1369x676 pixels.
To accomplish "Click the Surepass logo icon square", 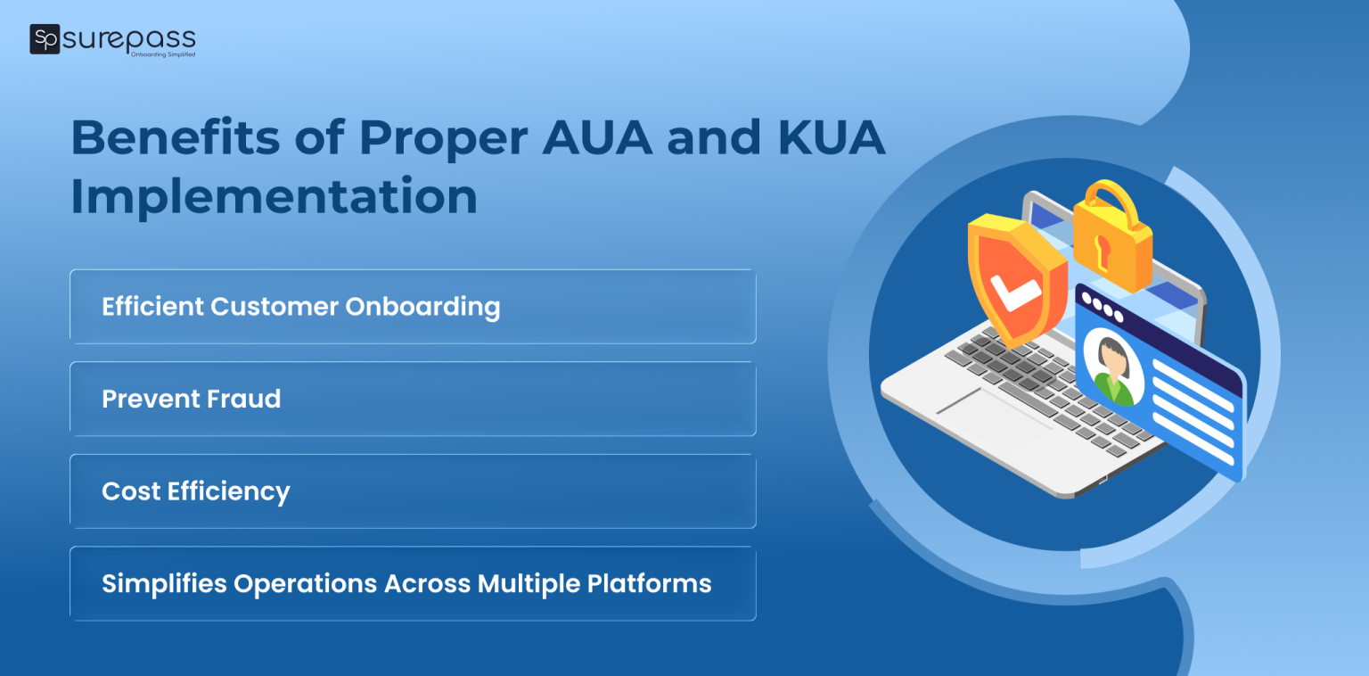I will pyautogui.click(x=45, y=39).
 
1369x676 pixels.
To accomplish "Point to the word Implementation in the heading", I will pyautogui.click(x=274, y=196).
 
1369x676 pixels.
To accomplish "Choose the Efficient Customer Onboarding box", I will pyautogui.click(x=413, y=307).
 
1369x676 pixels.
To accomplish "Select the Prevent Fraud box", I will pyautogui.click(x=413, y=399).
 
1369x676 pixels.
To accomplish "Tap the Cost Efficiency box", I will pyautogui.click(x=413, y=491).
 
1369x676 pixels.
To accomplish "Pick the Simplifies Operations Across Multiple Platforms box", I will pyautogui.click(x=413, y=584).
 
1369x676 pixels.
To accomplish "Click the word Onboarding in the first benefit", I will pyautogui.click(x=422, y=307).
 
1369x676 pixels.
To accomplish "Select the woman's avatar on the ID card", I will pyautogui.click(x=1112, y=368).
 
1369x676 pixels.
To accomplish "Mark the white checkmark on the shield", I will pyautogui.click(x=1016, y=294).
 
